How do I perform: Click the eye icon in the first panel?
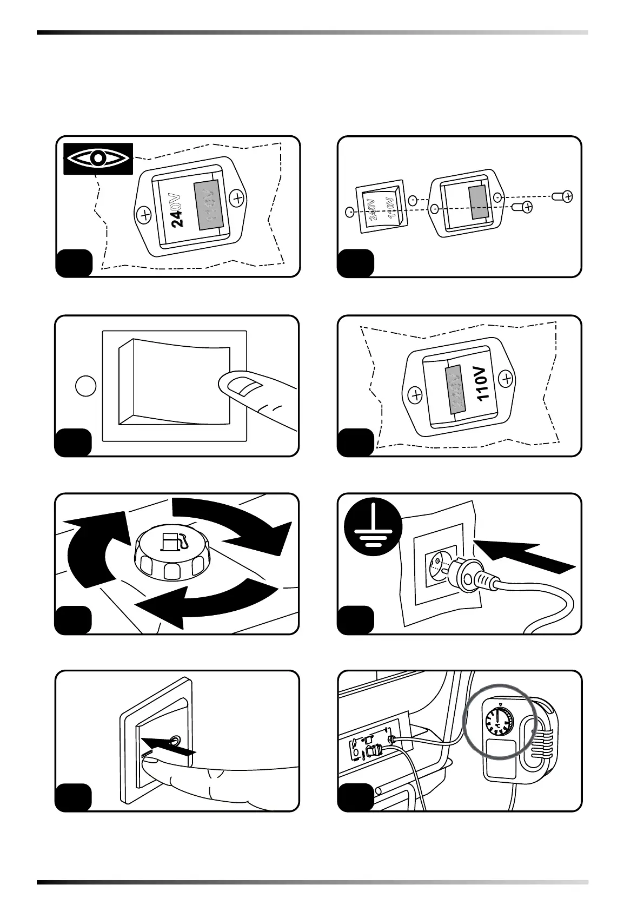pos(98,159)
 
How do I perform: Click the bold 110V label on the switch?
pos(483,383)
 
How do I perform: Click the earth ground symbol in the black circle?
pos(373,527)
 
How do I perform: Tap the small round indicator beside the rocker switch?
pos(85,386)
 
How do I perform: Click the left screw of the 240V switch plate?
pos(145,215)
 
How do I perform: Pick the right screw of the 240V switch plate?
pos(237,199)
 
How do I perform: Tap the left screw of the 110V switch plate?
pos(416,395)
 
